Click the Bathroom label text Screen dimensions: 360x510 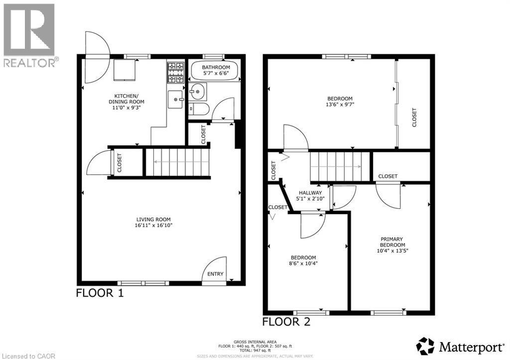coord(216,67)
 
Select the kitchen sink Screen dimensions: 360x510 coord(175,100)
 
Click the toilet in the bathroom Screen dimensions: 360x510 coord(197,110)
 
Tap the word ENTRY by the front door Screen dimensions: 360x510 coord(216,274)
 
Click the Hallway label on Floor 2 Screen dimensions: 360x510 coord(310,193)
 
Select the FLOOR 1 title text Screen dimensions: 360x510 coord(99,293)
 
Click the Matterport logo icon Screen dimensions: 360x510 coord(425,346)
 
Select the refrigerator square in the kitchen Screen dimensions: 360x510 coord(124,70)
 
